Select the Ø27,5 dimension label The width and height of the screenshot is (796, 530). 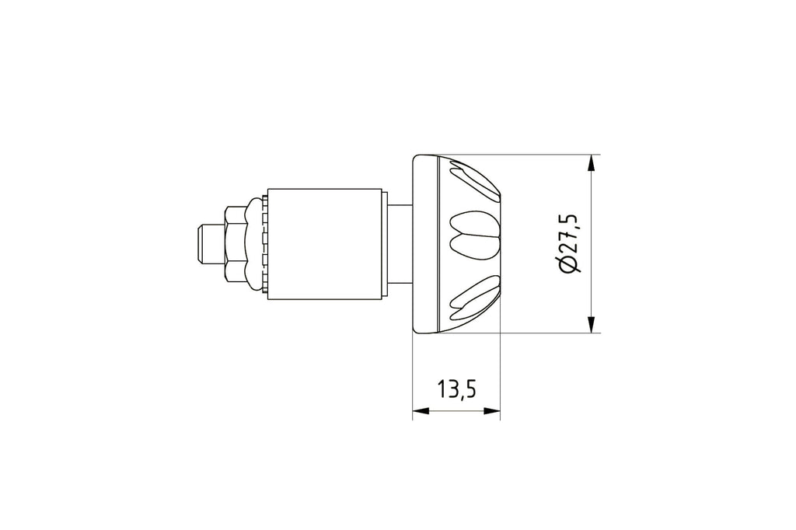point(568,243)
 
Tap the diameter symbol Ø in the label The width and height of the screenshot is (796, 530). point(568,265)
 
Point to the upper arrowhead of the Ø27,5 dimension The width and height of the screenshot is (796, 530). point(591,164)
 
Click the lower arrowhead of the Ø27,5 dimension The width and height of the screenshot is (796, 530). point(591,323)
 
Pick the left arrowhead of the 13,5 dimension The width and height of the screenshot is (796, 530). point(421,410)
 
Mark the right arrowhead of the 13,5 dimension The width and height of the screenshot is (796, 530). point(491,410)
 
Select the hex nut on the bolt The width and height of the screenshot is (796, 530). point(234,244)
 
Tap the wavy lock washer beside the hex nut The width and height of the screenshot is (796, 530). point(254,244)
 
